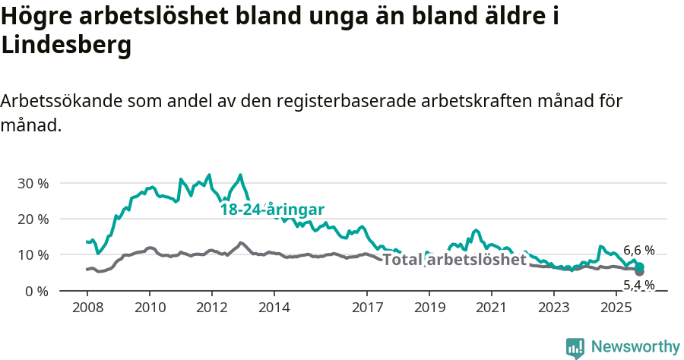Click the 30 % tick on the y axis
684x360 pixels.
click(33, 183)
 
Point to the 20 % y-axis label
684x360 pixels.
click(33, 219)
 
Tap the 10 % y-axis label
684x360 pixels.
click(33, 254)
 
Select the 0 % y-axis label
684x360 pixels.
click(36, 291)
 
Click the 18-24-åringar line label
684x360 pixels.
click(273, 210)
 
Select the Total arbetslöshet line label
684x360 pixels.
click(454, 260)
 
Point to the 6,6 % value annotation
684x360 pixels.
click(638, 250)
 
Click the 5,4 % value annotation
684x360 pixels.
click(638, 285)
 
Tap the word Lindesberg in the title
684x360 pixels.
click(67, 46)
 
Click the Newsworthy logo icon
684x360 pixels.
click(575, 348)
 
